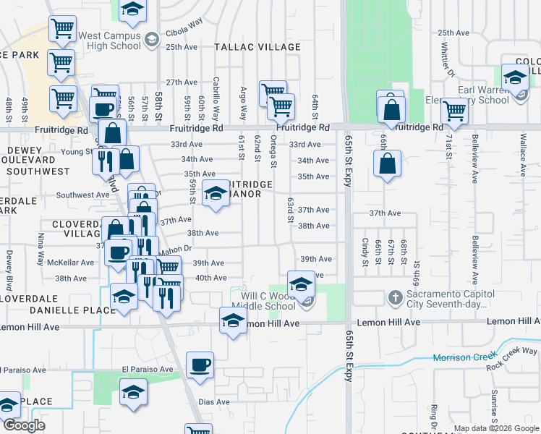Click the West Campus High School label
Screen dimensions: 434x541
point(109,41)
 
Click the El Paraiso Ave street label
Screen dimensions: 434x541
point(148,369)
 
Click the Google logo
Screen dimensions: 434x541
point(24,425)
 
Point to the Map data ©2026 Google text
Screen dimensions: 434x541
point(496,428)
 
